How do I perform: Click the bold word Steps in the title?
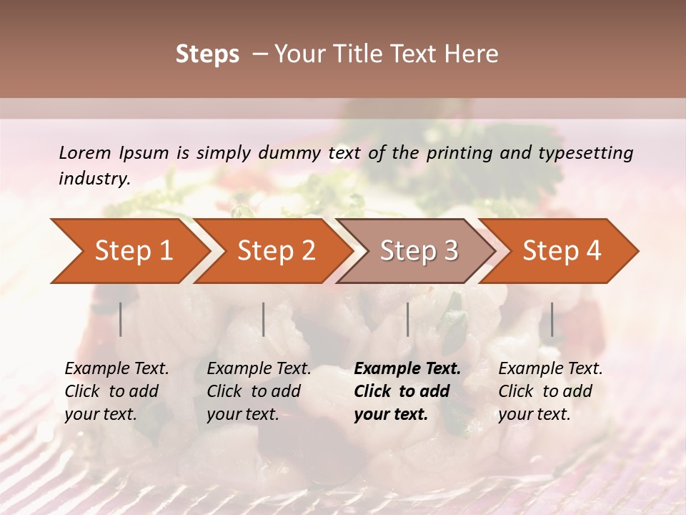click(207, 54)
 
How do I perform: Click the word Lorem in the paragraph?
click(85, 152)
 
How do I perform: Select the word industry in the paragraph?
click(94, 178)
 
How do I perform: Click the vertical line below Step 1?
click(121, 319)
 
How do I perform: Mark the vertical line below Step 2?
click(264, 319)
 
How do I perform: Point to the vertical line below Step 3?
click(408, 319)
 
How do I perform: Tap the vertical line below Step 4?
click(552, 319)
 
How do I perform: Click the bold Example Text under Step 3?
click(407, 369)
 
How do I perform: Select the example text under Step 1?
click(116, 391)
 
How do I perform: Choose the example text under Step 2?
click(259, 391)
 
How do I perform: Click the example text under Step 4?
click(550, 391)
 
